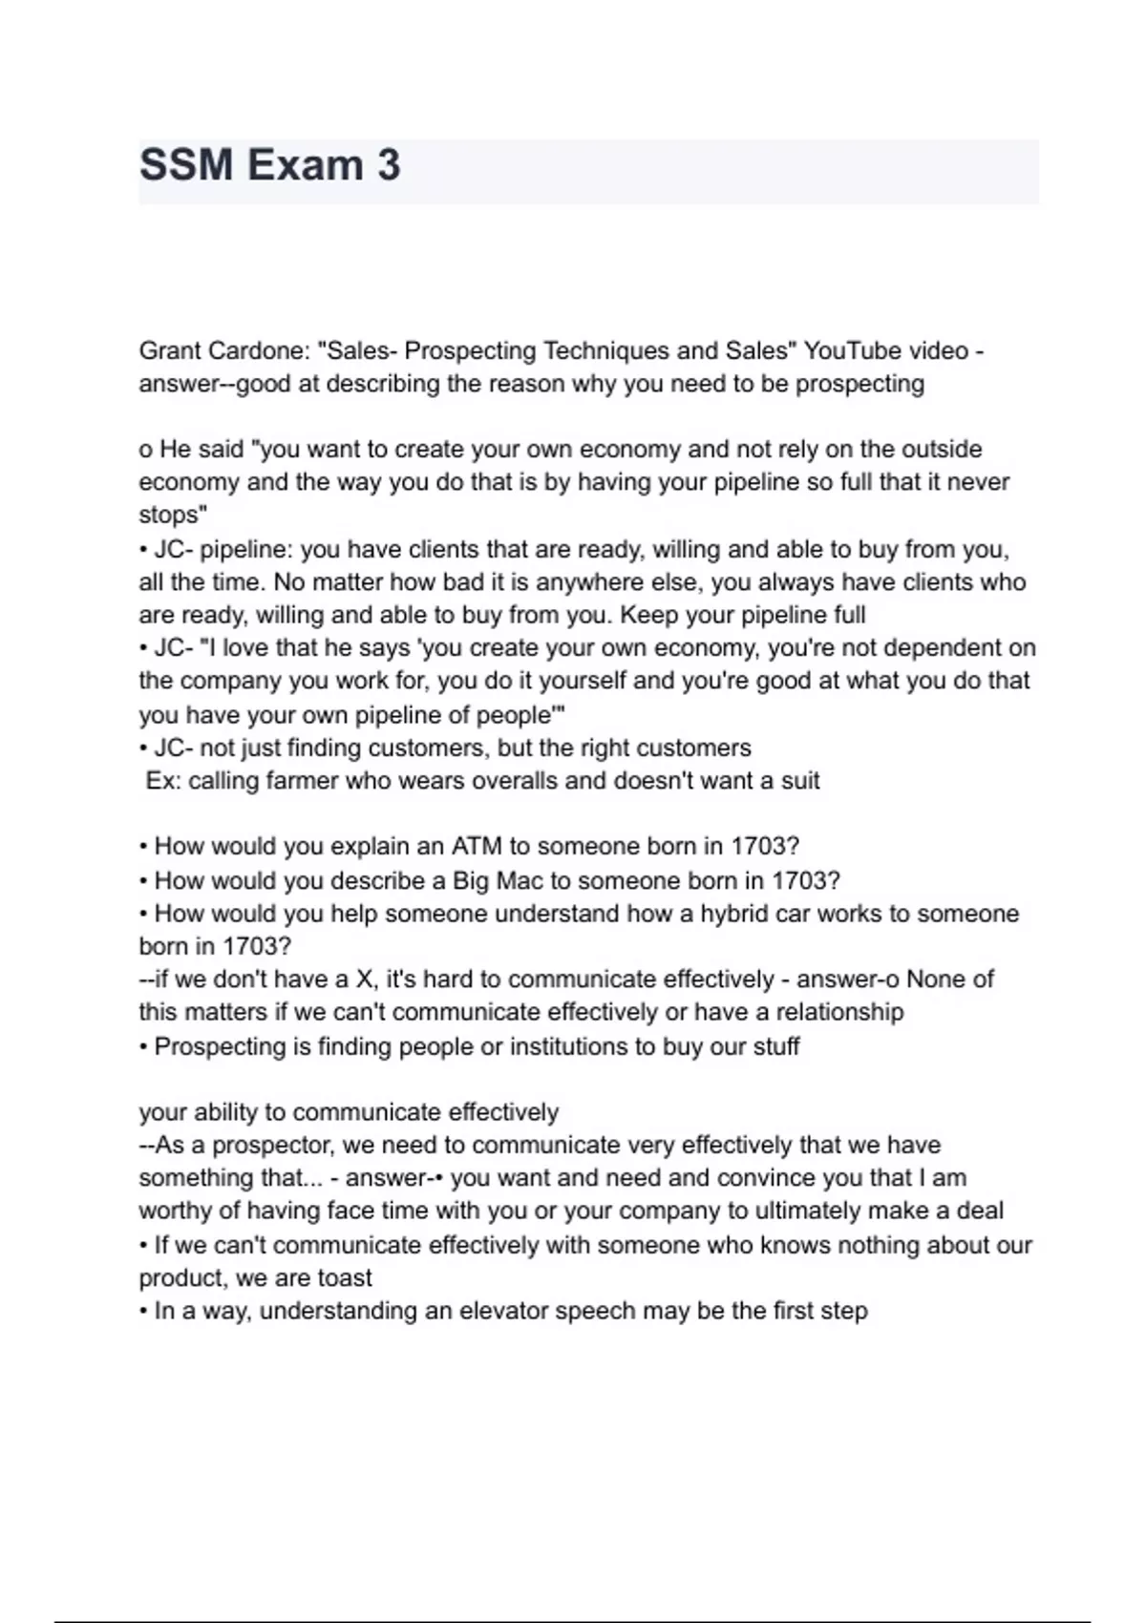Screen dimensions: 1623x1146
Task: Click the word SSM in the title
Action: (186, 165)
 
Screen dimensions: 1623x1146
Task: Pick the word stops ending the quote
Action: (172, 515)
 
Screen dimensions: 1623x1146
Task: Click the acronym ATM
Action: (476, 847)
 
